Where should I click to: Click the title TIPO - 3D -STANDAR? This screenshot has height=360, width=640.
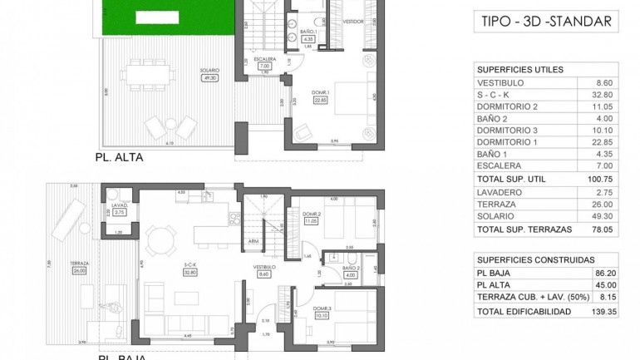(545, 22)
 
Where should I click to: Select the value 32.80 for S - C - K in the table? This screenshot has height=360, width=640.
(603, 95)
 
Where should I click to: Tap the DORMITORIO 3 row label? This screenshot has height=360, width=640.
(508, 130)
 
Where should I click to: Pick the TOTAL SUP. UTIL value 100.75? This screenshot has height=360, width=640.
(601, 179)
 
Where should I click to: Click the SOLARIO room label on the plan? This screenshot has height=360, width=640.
(209, 72)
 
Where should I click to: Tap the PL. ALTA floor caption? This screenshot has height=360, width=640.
(117, 155)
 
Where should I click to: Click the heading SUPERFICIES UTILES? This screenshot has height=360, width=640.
(520, 69)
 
